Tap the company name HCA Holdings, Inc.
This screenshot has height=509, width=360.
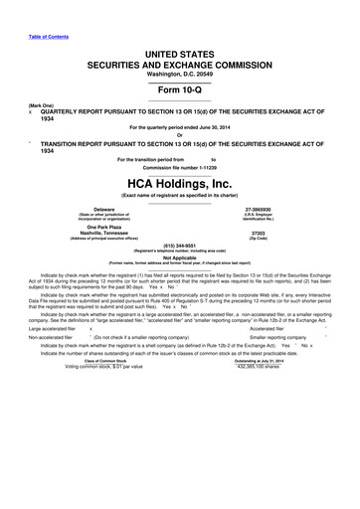click(x=180, y=182)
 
